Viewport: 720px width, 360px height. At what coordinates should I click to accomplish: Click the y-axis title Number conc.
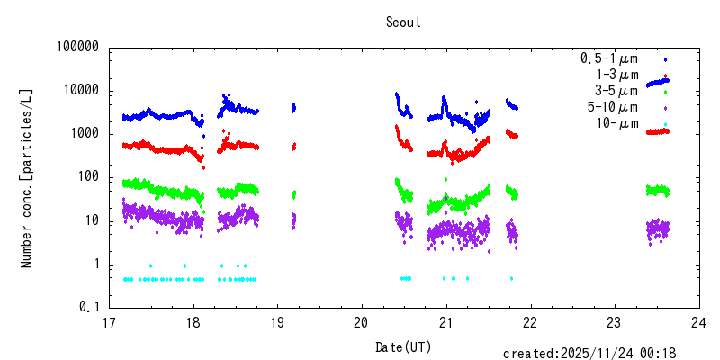[27, 177]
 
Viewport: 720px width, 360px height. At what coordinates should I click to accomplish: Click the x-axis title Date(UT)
[403, 346]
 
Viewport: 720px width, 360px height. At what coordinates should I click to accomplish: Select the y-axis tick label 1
[94, 265]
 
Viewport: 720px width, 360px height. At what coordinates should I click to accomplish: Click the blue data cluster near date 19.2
[293, 108]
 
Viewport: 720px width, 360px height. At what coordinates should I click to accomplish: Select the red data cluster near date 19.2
[293, 146]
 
